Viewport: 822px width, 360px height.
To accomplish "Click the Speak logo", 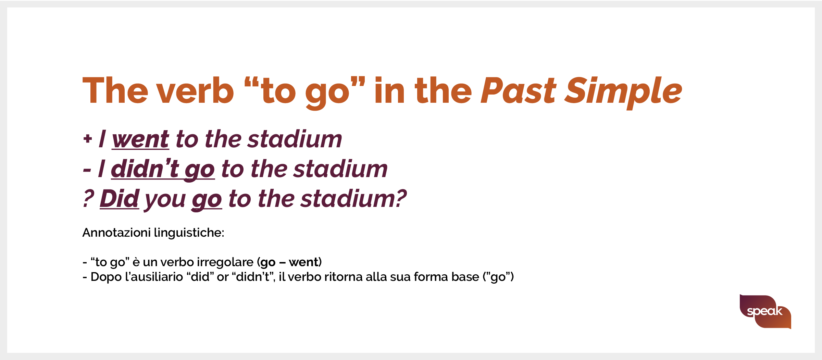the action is coord(765,311).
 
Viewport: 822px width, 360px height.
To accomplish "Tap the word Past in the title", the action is coord(519,90).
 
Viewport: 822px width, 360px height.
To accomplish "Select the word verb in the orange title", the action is coord(196,90).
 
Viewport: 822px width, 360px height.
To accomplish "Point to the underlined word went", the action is coord(140,140).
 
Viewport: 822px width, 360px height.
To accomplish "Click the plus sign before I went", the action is coord(88,138).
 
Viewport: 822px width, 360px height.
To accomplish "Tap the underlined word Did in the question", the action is coord(120,199).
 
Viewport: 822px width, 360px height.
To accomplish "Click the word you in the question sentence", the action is coord(165,201).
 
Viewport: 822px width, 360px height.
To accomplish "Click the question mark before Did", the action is coord(88,199).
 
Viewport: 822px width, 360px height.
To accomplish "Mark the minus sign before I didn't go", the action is coord(87,170).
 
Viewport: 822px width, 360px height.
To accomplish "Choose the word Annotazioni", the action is coord(116,233).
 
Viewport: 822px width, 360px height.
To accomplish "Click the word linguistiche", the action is coord(189,233).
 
